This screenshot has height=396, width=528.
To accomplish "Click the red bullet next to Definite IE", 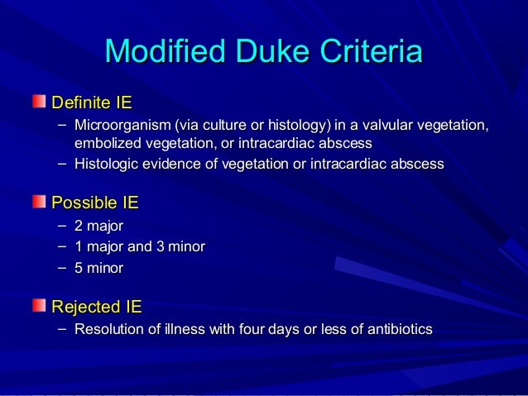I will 40,102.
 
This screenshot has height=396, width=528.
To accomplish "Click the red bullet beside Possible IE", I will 40,201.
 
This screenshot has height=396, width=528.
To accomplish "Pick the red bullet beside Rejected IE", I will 40,306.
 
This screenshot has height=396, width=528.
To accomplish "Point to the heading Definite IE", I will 92,103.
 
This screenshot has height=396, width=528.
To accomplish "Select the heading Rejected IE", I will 97,308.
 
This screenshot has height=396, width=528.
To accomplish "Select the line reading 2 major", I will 98,225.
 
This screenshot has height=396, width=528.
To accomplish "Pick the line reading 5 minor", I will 98,268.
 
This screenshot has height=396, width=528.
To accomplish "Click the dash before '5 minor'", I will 64,268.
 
